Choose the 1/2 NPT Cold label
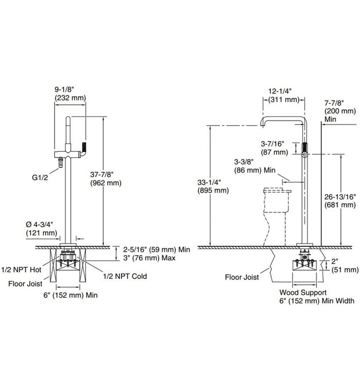pos(125,276)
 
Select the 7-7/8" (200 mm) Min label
pos(339,111)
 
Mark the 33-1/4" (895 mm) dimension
pos(213,186)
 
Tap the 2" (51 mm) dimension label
pos(343,265)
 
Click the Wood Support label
pos(303,292)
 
